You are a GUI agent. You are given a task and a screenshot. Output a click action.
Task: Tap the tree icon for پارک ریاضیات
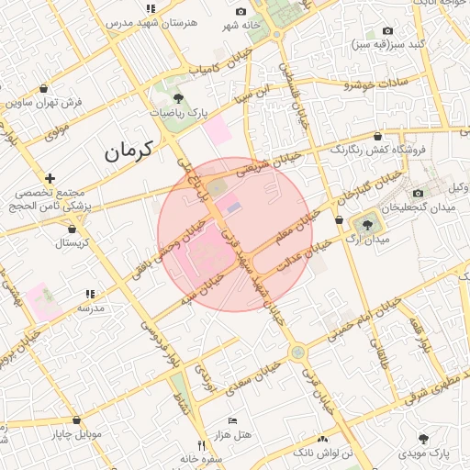(178, 98)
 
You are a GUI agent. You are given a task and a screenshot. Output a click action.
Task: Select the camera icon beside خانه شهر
(241, 11)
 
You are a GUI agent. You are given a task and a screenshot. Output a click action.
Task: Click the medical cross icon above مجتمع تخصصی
(50, 177)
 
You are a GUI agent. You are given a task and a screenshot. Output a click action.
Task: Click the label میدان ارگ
(370, 240)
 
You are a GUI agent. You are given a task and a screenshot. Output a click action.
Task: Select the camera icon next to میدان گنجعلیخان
(419, 193)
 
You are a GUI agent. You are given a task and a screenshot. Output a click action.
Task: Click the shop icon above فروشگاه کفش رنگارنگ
(378, 136)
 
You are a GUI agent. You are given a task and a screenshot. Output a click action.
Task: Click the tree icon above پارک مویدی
(423, 438)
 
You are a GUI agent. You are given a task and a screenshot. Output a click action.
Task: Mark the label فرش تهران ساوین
(44, 102)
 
